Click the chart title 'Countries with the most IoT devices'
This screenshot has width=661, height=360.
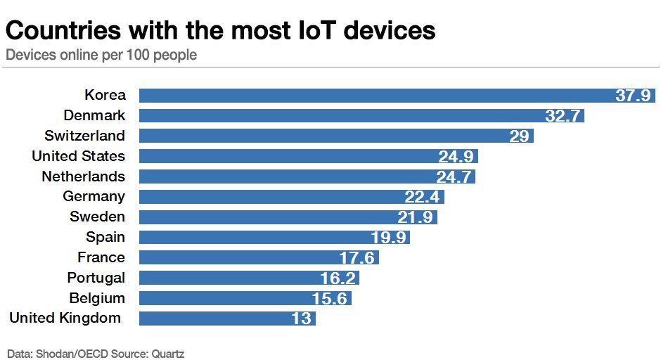[x=221, y=30]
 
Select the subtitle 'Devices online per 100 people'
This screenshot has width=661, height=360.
[x=101, y=55]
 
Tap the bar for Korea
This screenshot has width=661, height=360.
[x=373, y=96]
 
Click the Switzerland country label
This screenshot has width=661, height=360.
[x=84, y=136]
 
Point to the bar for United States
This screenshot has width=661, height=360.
[x=288, y=156]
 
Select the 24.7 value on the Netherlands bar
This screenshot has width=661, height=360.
[x=454, y=176]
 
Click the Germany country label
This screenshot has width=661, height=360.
[x=94, y=197]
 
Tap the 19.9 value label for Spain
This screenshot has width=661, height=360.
[x=389, y=238]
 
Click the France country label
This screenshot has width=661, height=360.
[x=101, y=258]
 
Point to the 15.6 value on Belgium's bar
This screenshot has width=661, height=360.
[x=330, y=299]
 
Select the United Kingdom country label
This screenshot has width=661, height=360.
[x=65, y=319]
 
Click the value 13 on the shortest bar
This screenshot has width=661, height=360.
[x=301, y=319]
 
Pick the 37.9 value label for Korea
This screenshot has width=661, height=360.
[x=633, y=96]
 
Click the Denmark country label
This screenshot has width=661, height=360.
[x=94, y=115]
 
